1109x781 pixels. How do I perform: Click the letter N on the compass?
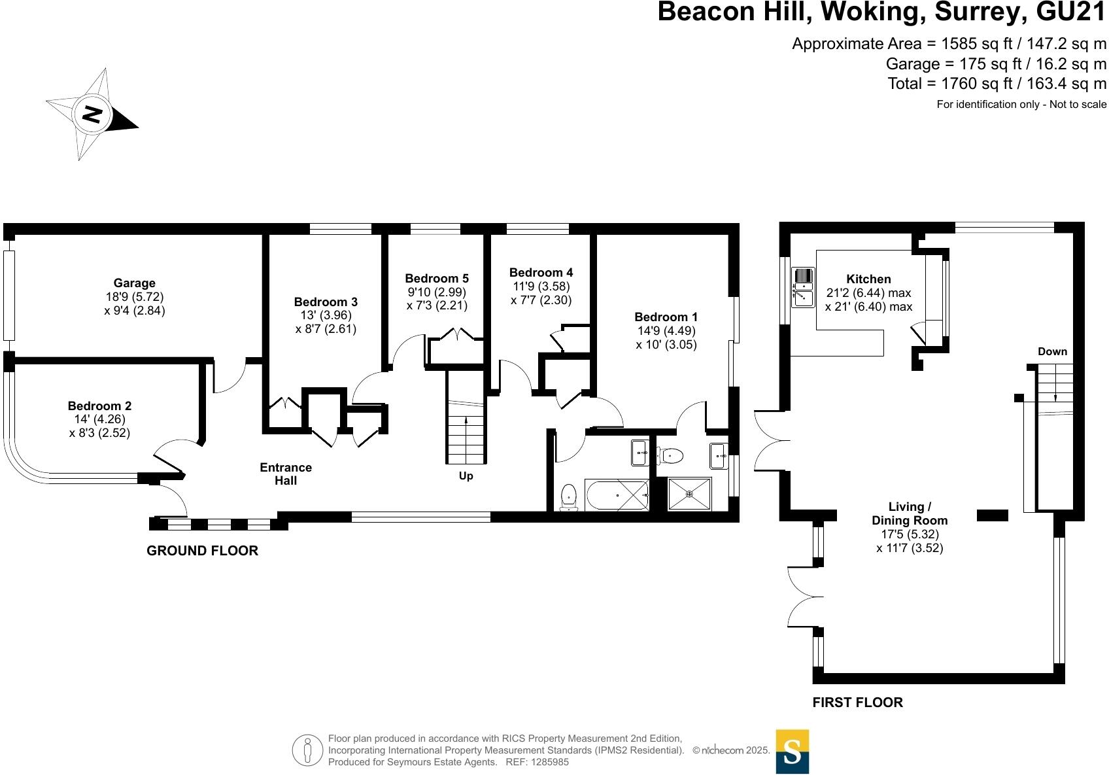[92, 114]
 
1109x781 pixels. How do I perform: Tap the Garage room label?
[134, 283]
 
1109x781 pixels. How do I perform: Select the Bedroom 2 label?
[99, 406]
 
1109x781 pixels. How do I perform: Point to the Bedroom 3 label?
[326, 302]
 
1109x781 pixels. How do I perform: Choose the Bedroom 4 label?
[541, 272]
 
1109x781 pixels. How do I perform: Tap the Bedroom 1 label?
[666, 317]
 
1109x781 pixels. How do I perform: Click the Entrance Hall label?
[286, 474]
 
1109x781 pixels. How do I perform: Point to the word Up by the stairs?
[466, 476]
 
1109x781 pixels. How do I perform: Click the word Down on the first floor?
[1052, 351]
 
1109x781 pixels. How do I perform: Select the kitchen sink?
[802, 287]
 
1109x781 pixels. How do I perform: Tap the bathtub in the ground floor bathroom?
[617, 495]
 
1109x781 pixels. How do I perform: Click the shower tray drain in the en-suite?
[689, 494]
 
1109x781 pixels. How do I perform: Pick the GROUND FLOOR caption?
[203, 551]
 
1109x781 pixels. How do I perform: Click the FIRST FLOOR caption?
[857, 703]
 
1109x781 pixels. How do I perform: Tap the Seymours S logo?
[792, 752]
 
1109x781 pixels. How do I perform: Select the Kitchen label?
[868, 279]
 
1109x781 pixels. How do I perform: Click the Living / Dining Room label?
[910, 513]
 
